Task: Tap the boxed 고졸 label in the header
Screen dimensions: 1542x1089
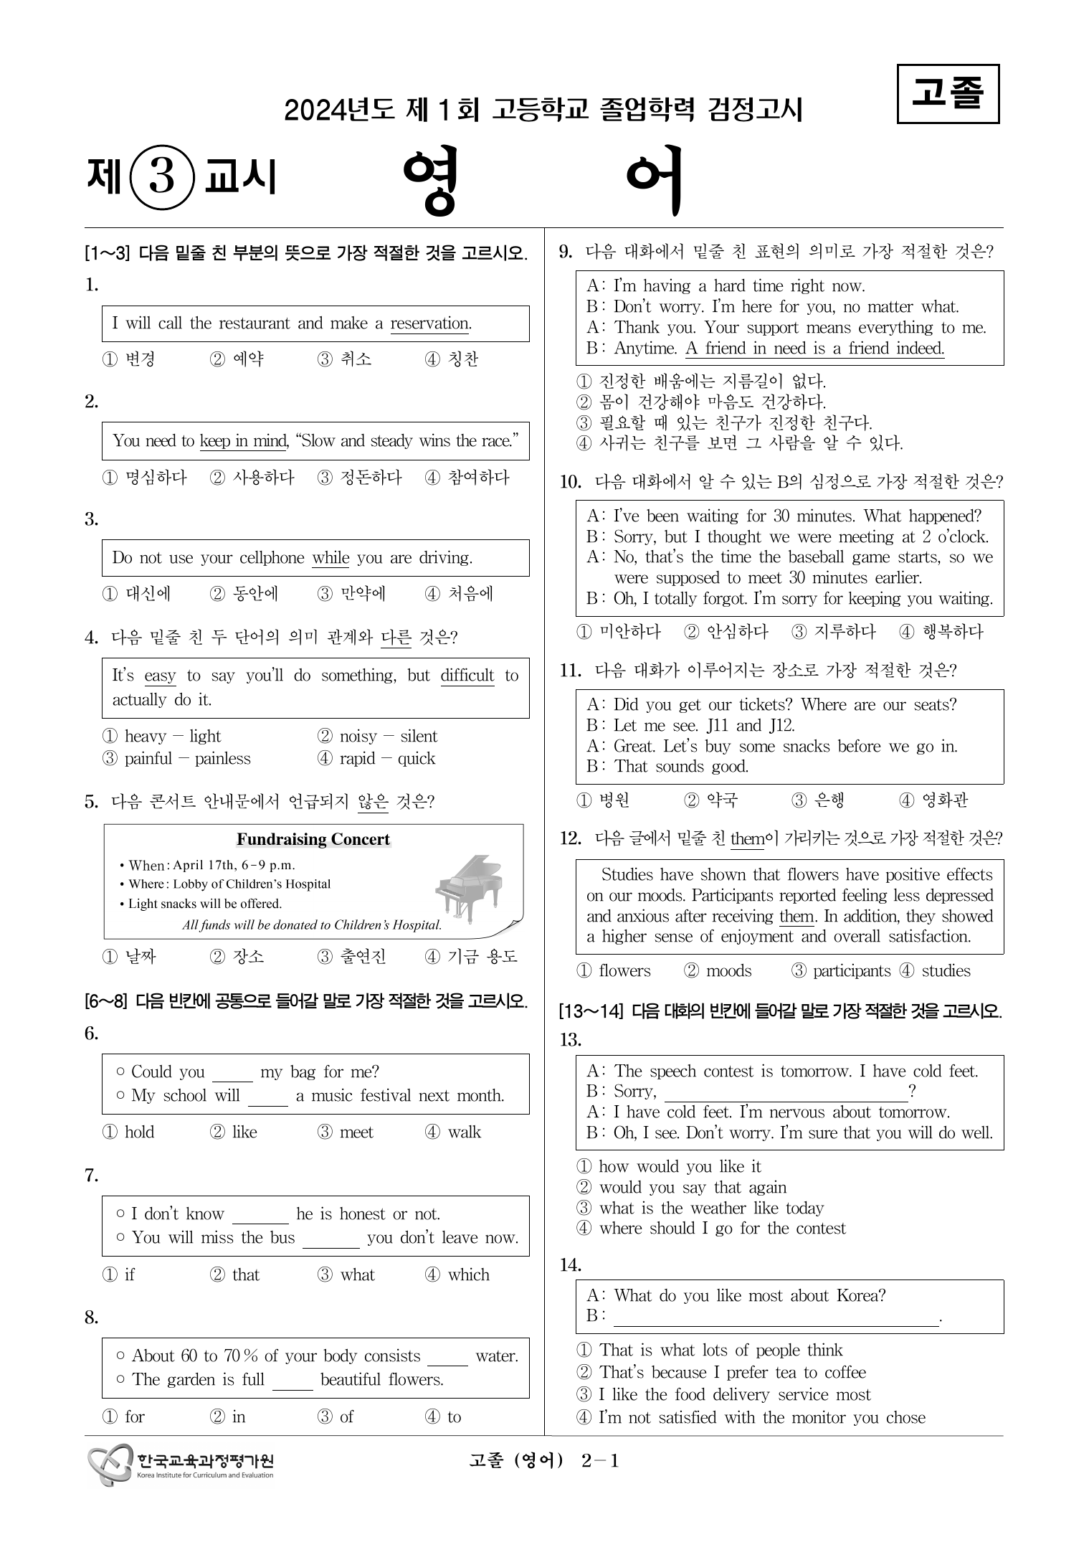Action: coord(948,94)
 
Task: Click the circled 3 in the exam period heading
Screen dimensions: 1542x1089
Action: coord(162,176)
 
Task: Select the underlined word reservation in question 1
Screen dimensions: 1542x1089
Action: coord(429,323)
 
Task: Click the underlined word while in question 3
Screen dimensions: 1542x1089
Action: coord(330,558)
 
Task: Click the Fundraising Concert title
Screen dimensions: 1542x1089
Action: coord(313,840)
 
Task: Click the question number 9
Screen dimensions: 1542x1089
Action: coord(566,252)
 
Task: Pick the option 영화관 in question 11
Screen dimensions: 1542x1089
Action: coord(944,800)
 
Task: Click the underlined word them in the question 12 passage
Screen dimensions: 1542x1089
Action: coord(796,917)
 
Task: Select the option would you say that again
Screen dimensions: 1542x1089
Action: coord(693,1187)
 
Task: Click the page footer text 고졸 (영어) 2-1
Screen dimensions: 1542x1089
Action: coord(543,1461)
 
